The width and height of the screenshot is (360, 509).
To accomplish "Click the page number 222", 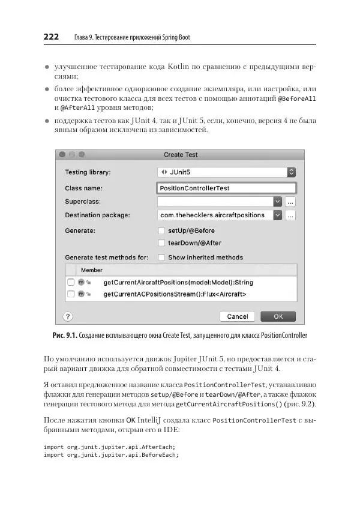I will coord(51,37).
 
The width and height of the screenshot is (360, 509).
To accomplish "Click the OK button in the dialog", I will coord(278,316).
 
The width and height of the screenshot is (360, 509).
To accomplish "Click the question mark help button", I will coord(68,316).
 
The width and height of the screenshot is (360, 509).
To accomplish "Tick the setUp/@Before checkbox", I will coord(161,230).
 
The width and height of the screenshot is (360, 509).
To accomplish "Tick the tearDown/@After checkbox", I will coord(161,243).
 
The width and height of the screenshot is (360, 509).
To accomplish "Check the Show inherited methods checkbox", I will coord(161,258).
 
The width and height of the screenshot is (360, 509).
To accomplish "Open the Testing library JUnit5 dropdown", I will coord(226,172).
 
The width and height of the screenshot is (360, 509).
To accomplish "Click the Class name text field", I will coord(226,188).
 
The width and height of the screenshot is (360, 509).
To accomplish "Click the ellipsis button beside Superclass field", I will coord(290,202).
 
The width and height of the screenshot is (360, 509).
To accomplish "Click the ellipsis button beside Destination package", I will coord(290,215).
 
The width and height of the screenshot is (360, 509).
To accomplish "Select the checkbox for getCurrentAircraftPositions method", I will coord(71,282).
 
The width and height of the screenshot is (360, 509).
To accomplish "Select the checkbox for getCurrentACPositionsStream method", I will coord(71,294).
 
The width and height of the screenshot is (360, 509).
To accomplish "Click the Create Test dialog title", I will coord(181,155).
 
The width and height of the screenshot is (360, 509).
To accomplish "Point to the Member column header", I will coord(92,270).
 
